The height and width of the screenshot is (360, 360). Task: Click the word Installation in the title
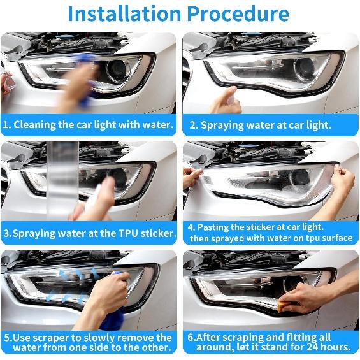point(125,14)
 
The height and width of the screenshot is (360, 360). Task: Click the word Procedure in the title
point(238,14)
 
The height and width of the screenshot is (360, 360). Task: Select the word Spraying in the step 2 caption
point(222,126)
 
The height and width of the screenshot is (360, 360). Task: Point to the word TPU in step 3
point(128,233)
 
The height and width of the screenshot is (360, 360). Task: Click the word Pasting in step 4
point(213,227)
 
